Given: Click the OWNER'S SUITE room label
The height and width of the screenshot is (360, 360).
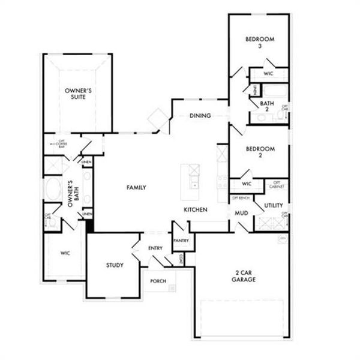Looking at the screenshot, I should [78, 95].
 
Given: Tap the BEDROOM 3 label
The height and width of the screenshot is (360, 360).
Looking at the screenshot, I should [259, 43].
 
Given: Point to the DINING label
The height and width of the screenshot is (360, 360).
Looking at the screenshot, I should [200, 116].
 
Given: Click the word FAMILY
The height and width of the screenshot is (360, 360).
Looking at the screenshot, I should [136, 188].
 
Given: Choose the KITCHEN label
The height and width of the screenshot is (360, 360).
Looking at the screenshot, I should [196, 210].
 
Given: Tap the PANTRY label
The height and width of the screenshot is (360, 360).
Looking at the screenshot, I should [181, 241].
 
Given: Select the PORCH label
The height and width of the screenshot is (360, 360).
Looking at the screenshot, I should [158, 281].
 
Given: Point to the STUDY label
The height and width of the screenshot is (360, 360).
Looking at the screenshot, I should [115, 265].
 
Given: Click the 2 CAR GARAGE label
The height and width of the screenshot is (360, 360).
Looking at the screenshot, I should [245, 275].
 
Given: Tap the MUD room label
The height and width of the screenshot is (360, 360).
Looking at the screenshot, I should [242, 213].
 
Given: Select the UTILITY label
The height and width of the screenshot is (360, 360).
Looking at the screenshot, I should [273, 206].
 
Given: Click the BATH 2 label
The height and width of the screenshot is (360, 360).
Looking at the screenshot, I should [267, 106].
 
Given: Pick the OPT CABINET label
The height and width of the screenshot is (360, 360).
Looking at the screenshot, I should [277, 185].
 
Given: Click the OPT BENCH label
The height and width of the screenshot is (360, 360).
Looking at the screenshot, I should [241, 197].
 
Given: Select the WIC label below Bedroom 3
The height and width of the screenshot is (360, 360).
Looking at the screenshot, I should [269, 74].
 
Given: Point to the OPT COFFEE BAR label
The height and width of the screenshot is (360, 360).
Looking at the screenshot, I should [61, 145].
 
